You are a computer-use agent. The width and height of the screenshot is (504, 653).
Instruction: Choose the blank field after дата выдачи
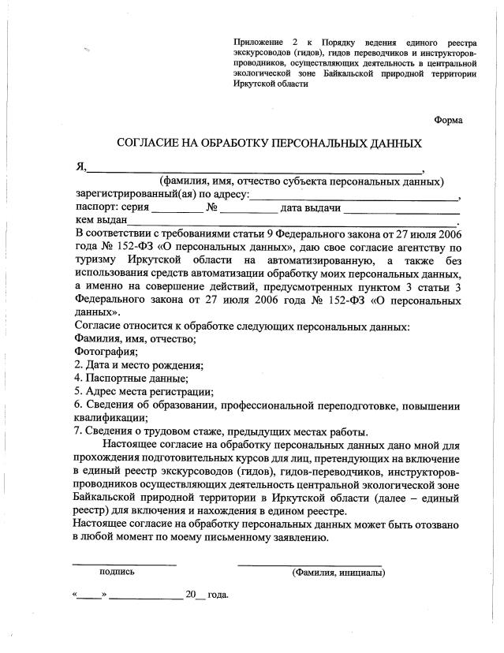pos(402,211)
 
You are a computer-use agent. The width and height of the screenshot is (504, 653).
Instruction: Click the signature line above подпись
pos(125,565)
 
